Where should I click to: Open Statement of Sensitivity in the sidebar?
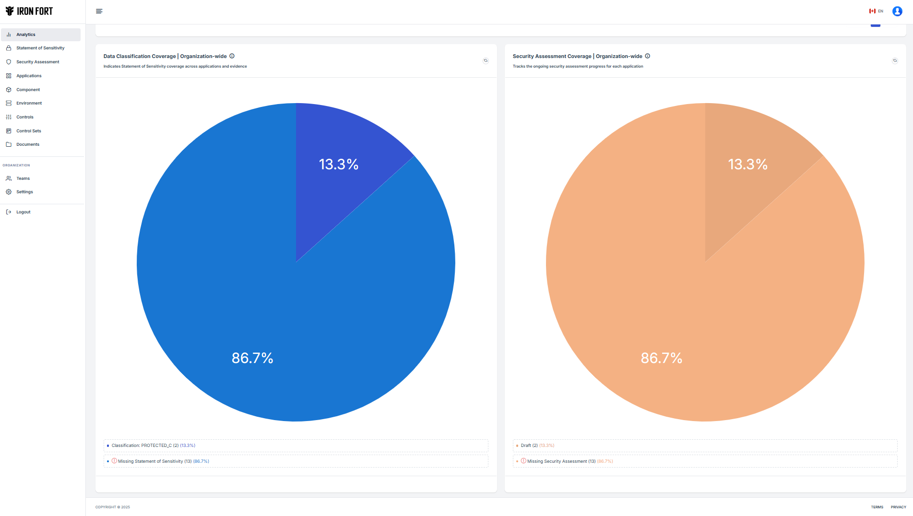tap(40, 48)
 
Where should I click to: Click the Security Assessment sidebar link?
tap(38, 62)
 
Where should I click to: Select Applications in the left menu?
tap(29, 76)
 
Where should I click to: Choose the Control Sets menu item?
tap(29, 131)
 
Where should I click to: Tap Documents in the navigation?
tap(28, 144)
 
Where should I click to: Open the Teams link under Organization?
tap(23, 178)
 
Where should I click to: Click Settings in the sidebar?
tap(24, 192)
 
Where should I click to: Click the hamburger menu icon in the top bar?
tap(99, 11)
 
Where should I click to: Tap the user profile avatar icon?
tap(897, 11)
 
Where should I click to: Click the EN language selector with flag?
tap(876, 11)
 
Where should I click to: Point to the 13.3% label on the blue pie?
tap(339, 164)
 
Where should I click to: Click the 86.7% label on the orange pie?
tap(661, 358)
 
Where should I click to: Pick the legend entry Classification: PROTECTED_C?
tap(153, 446)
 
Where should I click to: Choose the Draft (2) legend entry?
tap(529, 446)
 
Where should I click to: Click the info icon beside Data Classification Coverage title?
tap(232, 56)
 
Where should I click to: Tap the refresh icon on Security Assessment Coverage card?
tap(895, 61)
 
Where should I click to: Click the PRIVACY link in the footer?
tap(898, 507)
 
